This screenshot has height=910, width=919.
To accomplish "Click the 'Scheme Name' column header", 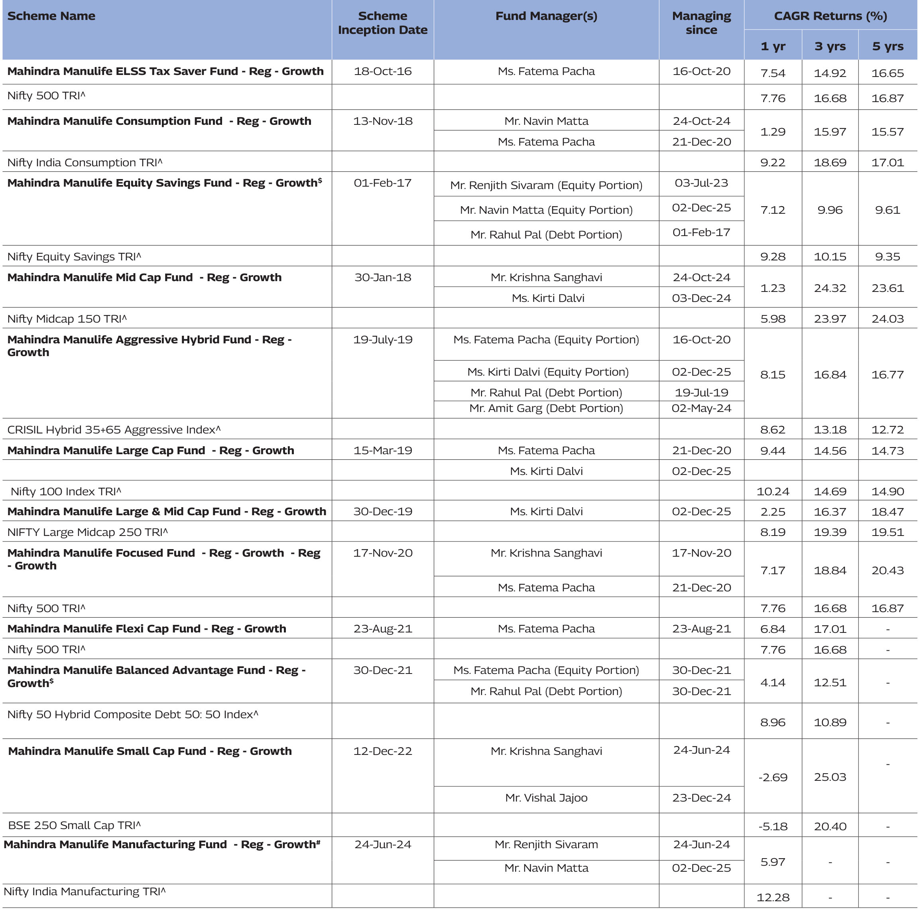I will (51, 16).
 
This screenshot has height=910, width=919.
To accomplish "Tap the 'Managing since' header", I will (701, 23).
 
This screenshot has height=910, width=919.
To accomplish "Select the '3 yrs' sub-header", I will (830, 46).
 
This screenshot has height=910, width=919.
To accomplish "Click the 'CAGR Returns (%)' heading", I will (830, 16).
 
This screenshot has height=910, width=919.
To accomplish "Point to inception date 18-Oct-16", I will (382, 71).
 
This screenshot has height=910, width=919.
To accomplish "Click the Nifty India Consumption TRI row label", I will (85, 163).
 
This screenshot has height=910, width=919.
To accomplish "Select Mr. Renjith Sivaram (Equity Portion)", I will (546, 185).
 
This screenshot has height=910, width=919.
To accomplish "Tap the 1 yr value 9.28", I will (773, 257).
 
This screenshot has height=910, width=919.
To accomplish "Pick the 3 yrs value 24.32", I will (830, 288).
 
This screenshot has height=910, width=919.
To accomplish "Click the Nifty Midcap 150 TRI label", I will (67, 319).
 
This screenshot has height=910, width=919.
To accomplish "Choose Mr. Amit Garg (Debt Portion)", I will (546, 408).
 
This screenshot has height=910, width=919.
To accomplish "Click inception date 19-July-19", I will (382, 340).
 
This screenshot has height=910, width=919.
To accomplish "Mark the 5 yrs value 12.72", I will (887, 429).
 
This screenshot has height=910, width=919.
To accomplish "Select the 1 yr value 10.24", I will (773, 491).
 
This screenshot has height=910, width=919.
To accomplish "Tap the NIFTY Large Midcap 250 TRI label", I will (88, 532).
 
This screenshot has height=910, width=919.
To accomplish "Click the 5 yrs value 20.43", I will (887, 570).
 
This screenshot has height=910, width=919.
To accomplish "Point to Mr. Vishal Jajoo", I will (546, 798).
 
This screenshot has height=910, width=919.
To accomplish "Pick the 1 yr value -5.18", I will (773, 826).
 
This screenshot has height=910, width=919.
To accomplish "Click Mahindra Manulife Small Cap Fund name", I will (150, 751).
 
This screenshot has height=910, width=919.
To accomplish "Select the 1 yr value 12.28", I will (773, 897).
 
